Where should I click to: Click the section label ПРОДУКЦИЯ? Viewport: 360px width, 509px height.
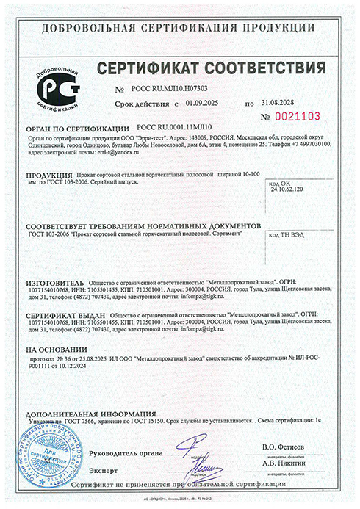click(x=48, y=176)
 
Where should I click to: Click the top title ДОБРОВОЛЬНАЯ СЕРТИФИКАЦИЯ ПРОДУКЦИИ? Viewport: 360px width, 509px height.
click(x=179, y=29)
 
